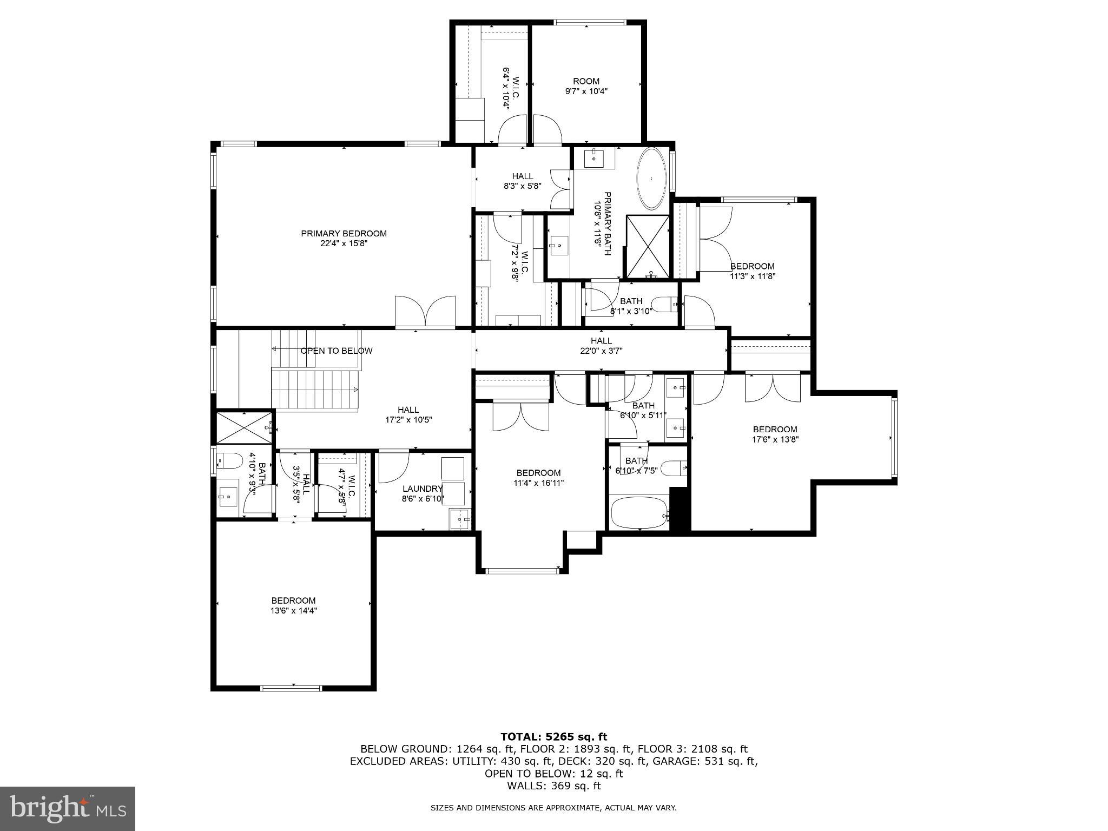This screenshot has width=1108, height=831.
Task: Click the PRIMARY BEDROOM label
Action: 344,234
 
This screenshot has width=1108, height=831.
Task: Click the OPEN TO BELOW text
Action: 336,351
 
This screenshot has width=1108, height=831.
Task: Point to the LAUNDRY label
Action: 422,489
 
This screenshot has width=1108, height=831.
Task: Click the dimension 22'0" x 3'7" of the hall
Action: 601,351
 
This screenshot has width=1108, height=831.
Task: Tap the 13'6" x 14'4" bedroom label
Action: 293,605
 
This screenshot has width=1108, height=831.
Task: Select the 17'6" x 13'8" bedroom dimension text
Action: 775,439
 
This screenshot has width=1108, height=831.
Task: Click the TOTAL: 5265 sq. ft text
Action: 553,737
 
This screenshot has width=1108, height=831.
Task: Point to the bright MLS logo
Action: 67,808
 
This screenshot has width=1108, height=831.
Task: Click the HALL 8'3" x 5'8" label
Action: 522,181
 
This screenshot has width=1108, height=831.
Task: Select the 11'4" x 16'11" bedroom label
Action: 538,478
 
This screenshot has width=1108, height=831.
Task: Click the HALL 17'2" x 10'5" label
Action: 408,414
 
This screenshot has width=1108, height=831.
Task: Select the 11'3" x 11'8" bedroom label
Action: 752,271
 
